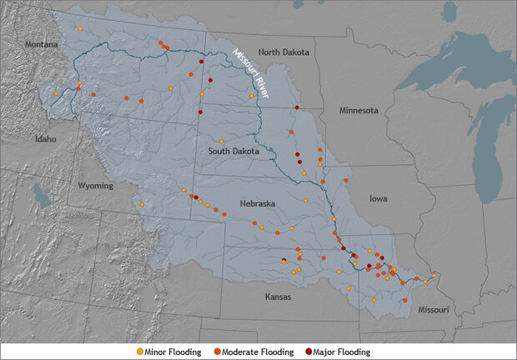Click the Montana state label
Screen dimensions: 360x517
[x=42, y=44]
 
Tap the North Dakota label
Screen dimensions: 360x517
[x=284, y=52]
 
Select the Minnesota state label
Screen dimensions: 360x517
[x=359, y=110]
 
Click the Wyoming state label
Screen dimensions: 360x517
[x=96, y=186]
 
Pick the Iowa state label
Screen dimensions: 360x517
[x=378, y=199]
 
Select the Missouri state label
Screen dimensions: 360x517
[x=429, y=310]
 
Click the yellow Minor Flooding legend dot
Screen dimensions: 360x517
[x=139, y=352]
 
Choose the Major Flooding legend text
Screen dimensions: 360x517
[x=341, y=352]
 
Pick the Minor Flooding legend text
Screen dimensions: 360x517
[x=173, y=352]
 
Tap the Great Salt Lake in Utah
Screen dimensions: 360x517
[x=39, y=197]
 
